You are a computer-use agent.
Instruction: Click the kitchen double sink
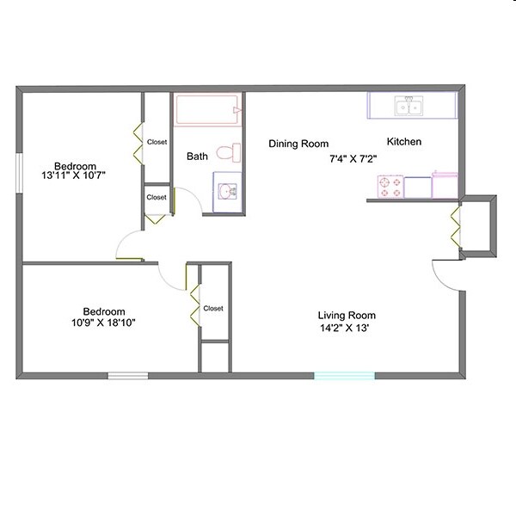click(x=408, y=107)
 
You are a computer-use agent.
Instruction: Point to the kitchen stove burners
click(x=390, y=187)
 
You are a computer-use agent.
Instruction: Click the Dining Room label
click(x=298, y=144)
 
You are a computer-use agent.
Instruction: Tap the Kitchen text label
click(x=404, y=142)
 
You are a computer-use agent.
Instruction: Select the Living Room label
click(x=347, y=316)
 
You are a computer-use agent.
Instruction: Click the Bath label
click(x=197, y=157)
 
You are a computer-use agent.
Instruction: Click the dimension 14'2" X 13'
click(x=347, y=328)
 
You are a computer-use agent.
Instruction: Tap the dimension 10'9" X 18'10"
click(x=104, y=323)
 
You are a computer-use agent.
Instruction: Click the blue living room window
click(x=344, y=375)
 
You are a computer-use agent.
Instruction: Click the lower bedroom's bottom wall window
click(x=127, y=375)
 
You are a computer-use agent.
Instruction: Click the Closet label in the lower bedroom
click(x=213, y=308)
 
